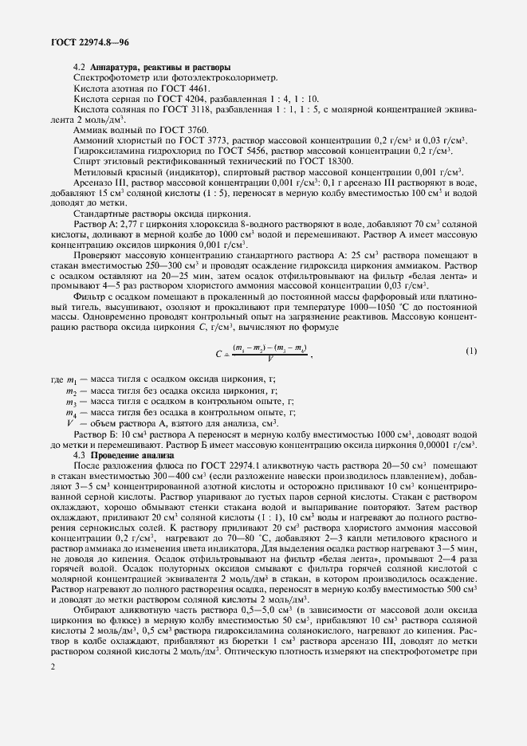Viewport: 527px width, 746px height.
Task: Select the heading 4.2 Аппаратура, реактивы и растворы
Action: [x=152, y=66]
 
